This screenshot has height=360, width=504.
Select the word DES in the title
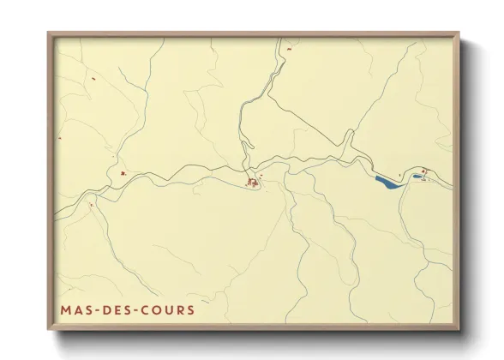(118, 310)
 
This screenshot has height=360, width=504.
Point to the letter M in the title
(66, 310)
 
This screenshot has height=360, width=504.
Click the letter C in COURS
(147, 310)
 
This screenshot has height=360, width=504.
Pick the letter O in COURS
(159, 310)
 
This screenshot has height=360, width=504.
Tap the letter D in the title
(108, 310)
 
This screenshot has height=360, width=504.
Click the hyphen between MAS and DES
(96, 310)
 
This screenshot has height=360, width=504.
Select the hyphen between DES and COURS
(137, 310)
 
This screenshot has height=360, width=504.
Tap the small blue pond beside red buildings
(416, 177)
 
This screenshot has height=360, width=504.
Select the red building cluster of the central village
(253, 182)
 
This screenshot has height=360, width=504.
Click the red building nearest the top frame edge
(289, 49)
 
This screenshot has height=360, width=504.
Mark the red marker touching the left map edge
(59, 140)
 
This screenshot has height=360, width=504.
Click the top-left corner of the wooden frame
(49, 33)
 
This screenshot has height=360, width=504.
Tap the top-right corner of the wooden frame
(459, 33)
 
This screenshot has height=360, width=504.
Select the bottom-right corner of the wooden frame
(459, 329)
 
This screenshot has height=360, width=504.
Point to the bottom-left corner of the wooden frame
(49, 329)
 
